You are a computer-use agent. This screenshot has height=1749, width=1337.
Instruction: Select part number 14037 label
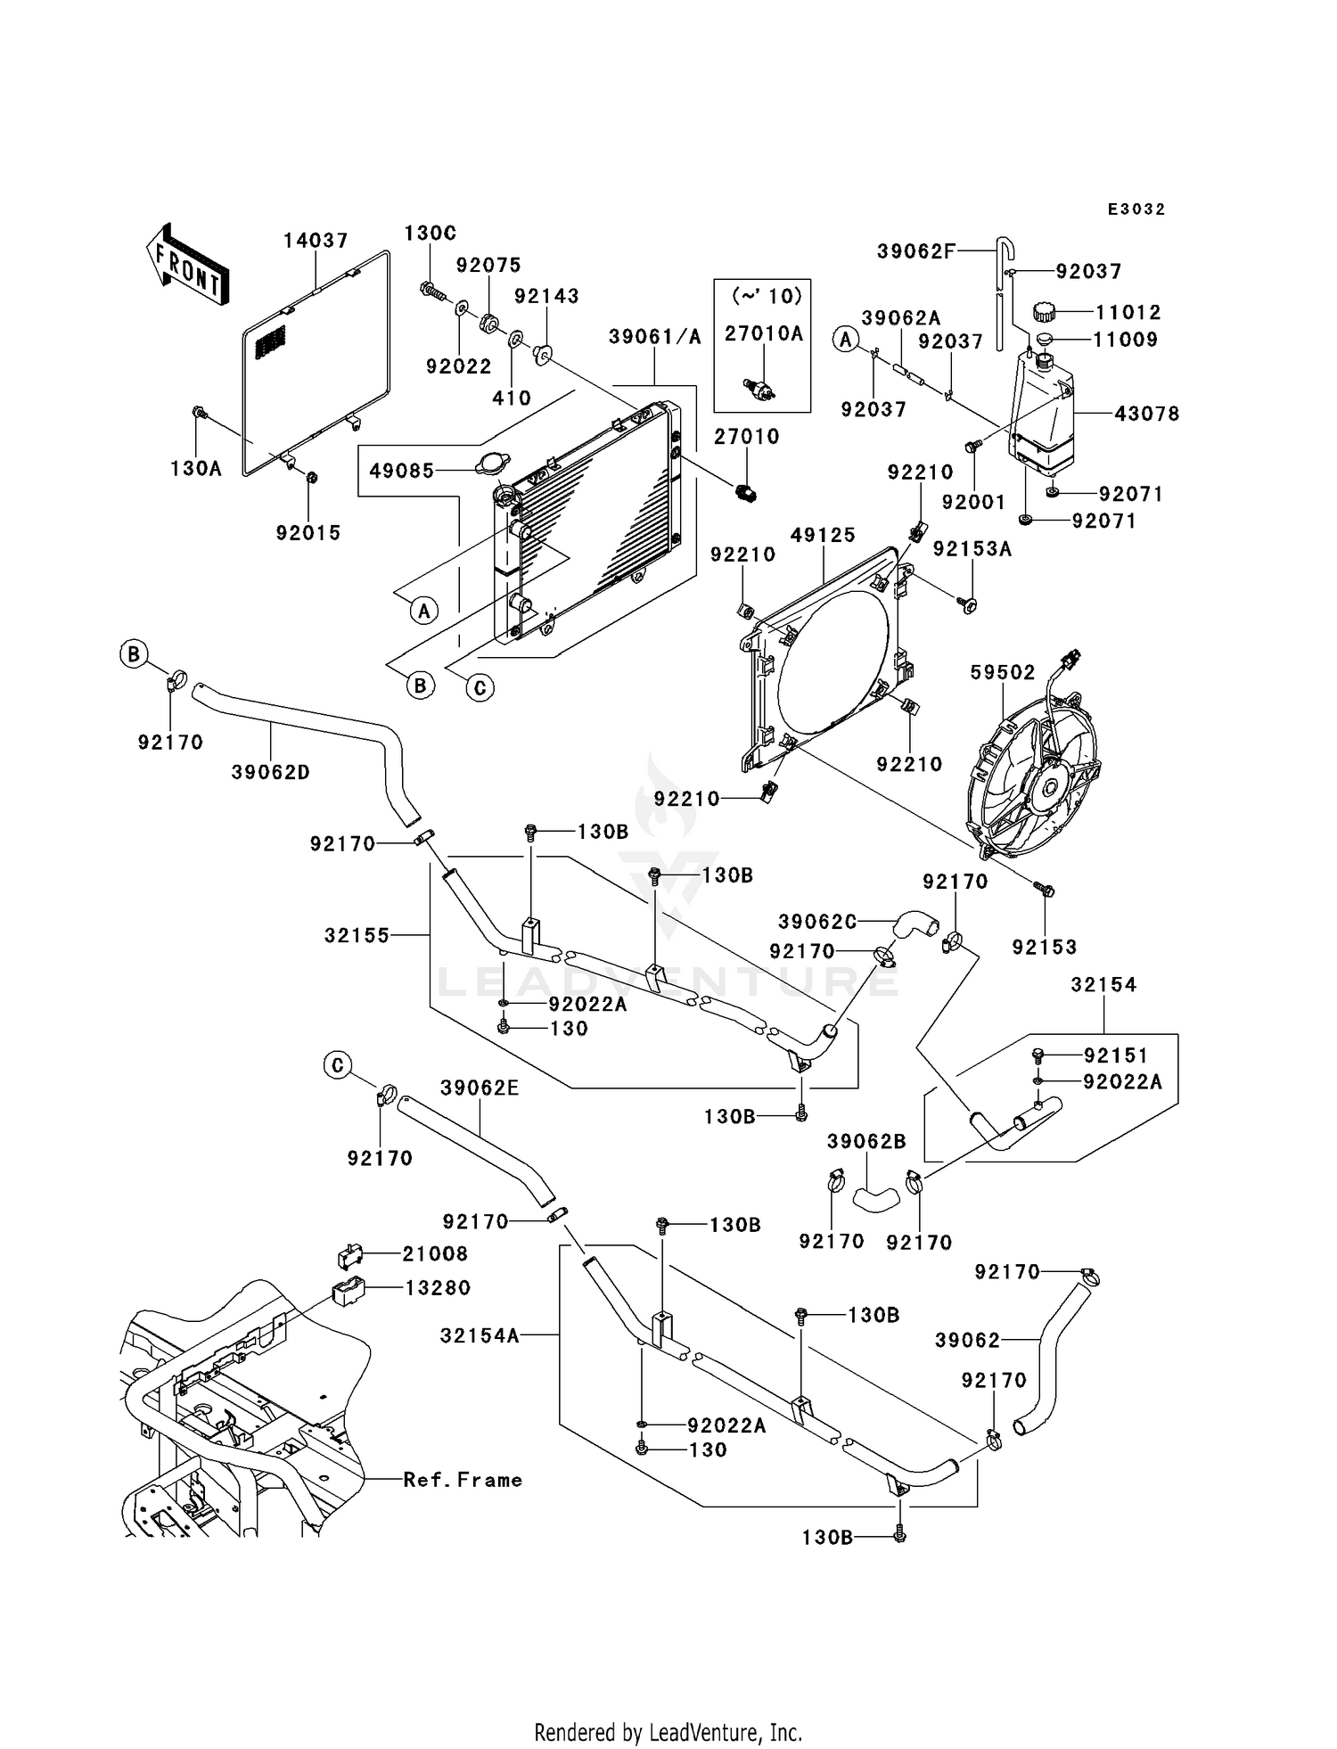tap(316, 241)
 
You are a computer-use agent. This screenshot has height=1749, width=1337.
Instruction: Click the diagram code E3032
tap(1136, 209)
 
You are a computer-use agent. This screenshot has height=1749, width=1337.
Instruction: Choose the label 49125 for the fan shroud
tap(823, 535)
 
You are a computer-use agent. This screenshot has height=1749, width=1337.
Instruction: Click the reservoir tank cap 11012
tap(1044, 312)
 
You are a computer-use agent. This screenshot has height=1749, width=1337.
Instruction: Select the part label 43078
tap(1146, 414)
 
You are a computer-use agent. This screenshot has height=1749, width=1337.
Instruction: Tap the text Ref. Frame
tap(463, 1480)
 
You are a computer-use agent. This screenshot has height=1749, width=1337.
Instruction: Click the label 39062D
tap(271, 772)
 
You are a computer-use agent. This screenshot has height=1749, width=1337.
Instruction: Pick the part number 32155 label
tap(357, 935)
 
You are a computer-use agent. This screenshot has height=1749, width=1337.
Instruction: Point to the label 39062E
tap(480, 1088)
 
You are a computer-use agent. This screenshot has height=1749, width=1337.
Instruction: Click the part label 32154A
tap(480, 1335)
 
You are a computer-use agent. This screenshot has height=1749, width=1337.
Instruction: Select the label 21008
tap(435, 1253)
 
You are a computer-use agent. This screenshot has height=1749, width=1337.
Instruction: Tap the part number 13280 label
tap(438, 1287)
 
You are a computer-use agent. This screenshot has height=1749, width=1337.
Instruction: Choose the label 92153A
tap(972, 549)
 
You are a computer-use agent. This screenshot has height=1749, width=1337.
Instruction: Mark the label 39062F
tap(915, 251)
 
